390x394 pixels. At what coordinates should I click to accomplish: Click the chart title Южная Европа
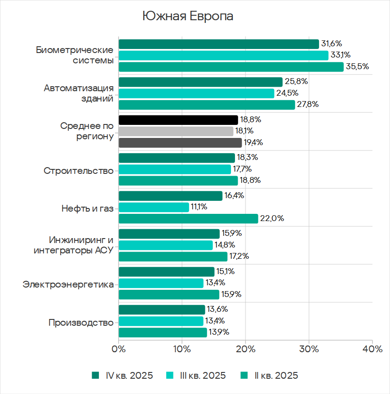188,16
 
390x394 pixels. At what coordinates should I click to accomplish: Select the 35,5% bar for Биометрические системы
231,67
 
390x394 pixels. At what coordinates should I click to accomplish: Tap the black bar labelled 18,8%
178,120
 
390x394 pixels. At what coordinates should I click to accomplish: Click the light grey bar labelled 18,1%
176,131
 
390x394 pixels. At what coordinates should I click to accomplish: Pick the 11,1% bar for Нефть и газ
154,207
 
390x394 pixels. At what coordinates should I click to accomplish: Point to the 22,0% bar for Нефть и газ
188,219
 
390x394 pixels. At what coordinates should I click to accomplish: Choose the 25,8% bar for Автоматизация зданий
200,82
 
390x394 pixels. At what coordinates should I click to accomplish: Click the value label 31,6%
332,44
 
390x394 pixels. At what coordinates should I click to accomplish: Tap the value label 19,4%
253,143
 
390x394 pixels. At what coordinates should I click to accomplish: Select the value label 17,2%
239,257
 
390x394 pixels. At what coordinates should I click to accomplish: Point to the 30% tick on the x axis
309,349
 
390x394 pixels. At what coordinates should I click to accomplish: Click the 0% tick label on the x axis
119,349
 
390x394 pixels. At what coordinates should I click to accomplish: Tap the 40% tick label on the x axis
372,349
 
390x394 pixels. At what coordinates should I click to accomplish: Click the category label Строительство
79,171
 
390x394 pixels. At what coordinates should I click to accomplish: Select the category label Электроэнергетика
68,284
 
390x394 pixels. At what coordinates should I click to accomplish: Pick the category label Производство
81,323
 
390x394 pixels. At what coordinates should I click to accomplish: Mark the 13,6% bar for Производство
162,310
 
